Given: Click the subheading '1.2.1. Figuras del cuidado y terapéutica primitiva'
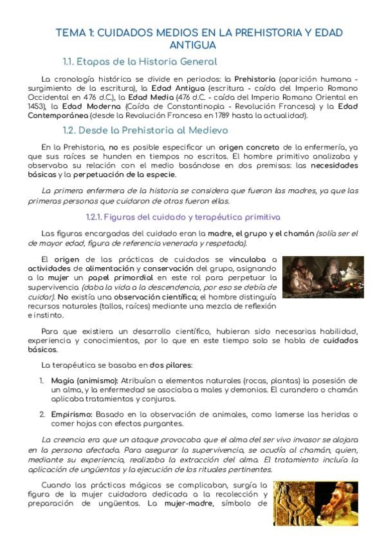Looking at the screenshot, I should [182, 216].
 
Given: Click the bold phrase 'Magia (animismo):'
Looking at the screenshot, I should [78, 381].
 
